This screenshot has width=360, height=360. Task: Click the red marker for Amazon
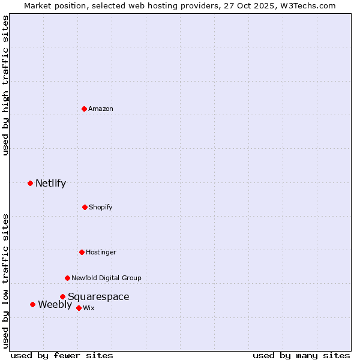(85, 109)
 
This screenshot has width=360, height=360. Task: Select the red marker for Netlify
(31, 183)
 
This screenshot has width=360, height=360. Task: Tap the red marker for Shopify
(85, 207)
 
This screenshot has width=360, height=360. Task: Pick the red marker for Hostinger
(82, 252)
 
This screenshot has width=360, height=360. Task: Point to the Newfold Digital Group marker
(67, 278)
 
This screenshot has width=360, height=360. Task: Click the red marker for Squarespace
(62, 296)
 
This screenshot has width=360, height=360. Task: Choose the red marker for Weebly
(32, 304)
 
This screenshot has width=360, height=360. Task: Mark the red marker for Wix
(79, 308)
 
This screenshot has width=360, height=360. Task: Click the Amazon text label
(101, 109)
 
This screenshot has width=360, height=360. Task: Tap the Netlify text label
(50, 183)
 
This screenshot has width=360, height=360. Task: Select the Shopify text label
(101, 207)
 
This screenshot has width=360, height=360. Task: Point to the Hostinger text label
(101, 252)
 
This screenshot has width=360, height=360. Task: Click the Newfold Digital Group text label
(106, 278)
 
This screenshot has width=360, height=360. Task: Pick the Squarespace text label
(98, 296)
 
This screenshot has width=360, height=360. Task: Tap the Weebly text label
(55, 304)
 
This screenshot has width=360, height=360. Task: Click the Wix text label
(89, 308)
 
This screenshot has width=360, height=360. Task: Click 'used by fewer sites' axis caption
(62, 355)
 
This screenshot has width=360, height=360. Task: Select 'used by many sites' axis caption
(301, 355)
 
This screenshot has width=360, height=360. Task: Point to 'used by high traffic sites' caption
(5, 86)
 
